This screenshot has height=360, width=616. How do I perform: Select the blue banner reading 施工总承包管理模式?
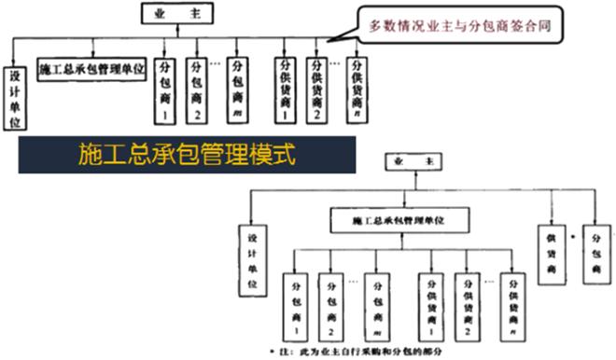(188, 154)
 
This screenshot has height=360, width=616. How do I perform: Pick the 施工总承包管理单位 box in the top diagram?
(91, 71)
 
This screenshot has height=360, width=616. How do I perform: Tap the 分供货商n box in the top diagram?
(357, 90)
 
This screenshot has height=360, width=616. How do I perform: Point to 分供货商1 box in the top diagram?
(284, 90)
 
